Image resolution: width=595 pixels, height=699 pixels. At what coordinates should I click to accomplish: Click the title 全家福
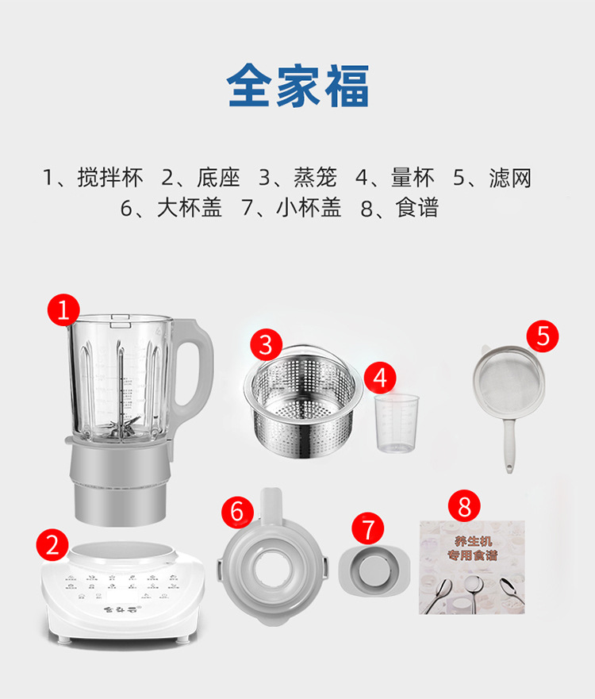(297, 86)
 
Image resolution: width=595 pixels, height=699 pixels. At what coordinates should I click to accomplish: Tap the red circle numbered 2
(52, 544)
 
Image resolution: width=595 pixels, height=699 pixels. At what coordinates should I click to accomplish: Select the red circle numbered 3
(266, 344)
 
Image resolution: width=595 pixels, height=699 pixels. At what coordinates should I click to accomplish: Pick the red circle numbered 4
(380, 378)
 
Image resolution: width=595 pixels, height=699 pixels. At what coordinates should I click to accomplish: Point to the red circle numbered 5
(543, 336)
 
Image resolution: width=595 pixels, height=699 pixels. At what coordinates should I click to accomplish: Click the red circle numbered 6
(236, 511)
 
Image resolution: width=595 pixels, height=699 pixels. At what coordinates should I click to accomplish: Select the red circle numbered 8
(464, 505)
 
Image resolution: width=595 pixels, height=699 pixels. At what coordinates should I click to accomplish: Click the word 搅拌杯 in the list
(110, 178)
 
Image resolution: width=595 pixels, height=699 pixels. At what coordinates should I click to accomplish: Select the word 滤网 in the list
(510, 178)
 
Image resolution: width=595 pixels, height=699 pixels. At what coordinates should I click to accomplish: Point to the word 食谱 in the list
(416, 209)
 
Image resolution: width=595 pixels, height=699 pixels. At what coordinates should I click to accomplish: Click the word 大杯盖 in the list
(190, 209)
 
